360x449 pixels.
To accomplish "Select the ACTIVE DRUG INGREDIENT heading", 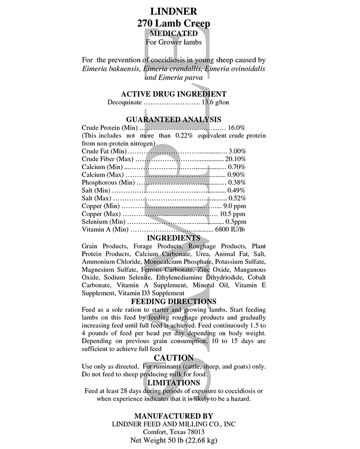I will [174, 94].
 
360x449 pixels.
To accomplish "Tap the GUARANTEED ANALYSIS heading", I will [174, 120].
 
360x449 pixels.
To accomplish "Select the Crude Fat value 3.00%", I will [237, 151].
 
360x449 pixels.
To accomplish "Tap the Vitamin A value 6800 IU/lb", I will [230, 229].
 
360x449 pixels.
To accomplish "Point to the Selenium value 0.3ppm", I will [236, 221].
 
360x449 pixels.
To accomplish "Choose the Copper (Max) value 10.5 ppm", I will [233, 214].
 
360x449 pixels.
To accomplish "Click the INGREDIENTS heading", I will [174, 238].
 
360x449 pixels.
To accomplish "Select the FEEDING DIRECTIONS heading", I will [174, 301].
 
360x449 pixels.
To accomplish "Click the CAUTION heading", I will [174, 358].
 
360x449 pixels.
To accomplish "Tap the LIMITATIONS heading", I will [174, 382].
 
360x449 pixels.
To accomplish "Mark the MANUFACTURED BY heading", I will [174, 416].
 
